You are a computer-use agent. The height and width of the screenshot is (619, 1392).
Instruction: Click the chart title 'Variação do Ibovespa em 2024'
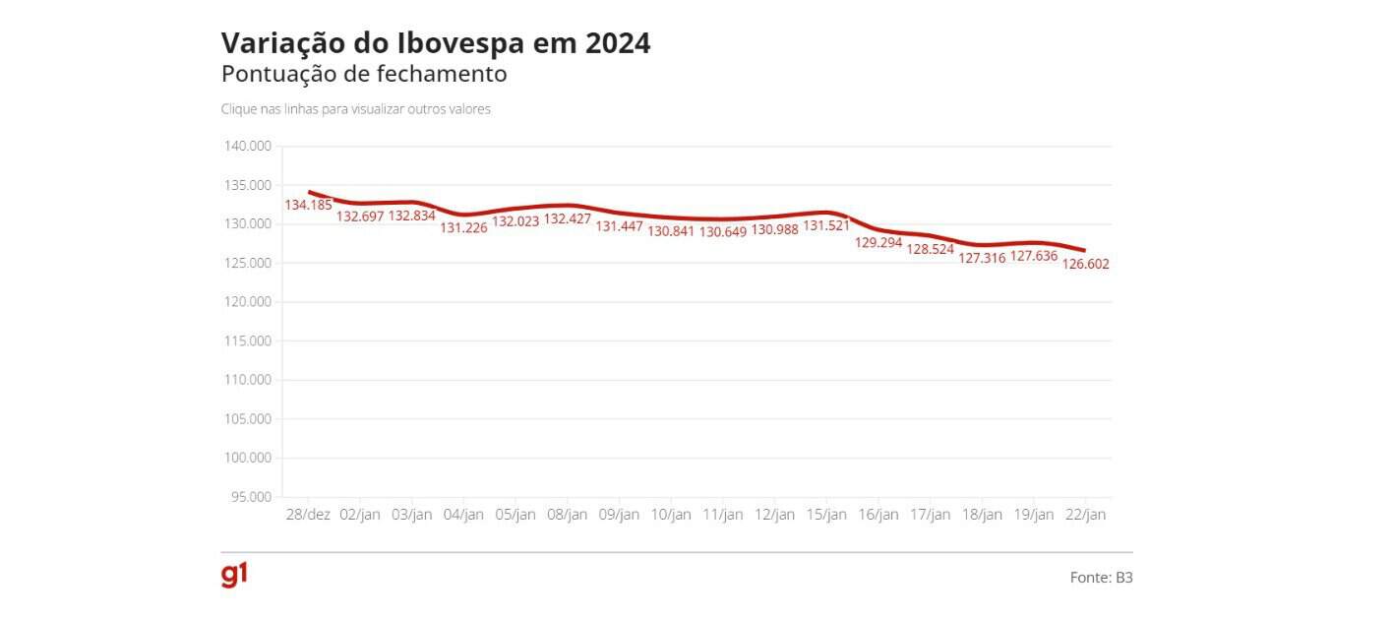click(435, 43)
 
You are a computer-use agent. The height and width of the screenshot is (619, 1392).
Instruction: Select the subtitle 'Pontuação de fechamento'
click(364, 74)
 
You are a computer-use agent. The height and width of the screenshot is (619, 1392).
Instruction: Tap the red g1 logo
click(234, 576)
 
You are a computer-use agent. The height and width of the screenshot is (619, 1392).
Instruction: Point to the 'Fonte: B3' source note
click(1101, 578)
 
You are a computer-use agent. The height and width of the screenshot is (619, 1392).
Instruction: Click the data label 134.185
click(309, 205)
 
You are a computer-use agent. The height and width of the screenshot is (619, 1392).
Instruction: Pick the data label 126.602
click(1086, 264)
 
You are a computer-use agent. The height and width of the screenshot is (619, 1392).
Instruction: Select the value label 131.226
click(463, 227)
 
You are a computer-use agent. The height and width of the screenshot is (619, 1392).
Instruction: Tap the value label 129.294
click(878, 242)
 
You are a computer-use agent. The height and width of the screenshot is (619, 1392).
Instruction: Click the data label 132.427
click(568, 218)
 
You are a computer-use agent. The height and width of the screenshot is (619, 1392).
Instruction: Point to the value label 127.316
click(982, 259)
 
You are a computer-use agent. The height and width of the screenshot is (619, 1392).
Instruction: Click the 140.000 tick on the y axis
click(248, 147)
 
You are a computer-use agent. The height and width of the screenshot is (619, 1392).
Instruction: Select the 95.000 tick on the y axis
click(251, 497)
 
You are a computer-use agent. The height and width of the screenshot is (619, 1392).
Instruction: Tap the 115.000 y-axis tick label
click(248, 341)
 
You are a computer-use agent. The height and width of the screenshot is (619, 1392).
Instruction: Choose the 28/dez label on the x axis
click(308, 515)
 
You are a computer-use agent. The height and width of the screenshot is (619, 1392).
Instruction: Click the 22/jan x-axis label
click(1085, 515)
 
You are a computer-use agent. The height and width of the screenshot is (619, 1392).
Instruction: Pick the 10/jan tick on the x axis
click(671, 515)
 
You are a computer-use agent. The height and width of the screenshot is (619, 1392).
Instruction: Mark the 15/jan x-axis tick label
click(826, 515)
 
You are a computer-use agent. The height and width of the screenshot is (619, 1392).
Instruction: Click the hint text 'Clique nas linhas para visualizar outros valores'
click(355, 109)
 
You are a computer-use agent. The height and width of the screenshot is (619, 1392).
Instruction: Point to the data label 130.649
click(723, 232)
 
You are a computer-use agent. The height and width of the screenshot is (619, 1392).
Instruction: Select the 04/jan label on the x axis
click(463, 515)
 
